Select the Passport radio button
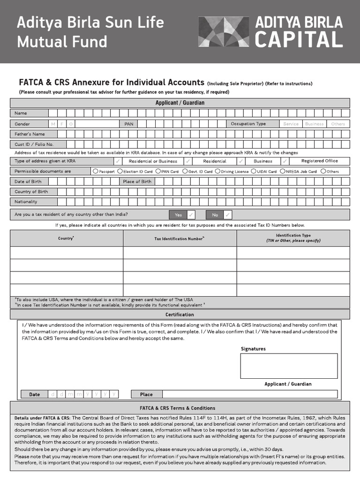click(x=96, y=172)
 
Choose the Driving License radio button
click(x=218, y=172)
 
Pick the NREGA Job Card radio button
click(x=283, y=172)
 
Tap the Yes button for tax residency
click(x=178, y=215)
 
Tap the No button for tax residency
click(x=215, y=215)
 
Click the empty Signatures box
click(x=289, y=366)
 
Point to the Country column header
click(x=66, y=238)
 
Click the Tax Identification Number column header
click(x=180, y=239)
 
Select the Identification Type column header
click(x=293, y=238)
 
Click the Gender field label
click(x=22, y=124)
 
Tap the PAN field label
click(x=128, y=124)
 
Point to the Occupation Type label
click(x=248, y=124)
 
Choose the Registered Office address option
click(x=319, y=161)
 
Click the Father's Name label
click(x=30, y=134)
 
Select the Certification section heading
click(x=180, y=315)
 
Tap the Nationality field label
click(x=26, y=202)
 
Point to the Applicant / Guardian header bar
click(x=180, y=103)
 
